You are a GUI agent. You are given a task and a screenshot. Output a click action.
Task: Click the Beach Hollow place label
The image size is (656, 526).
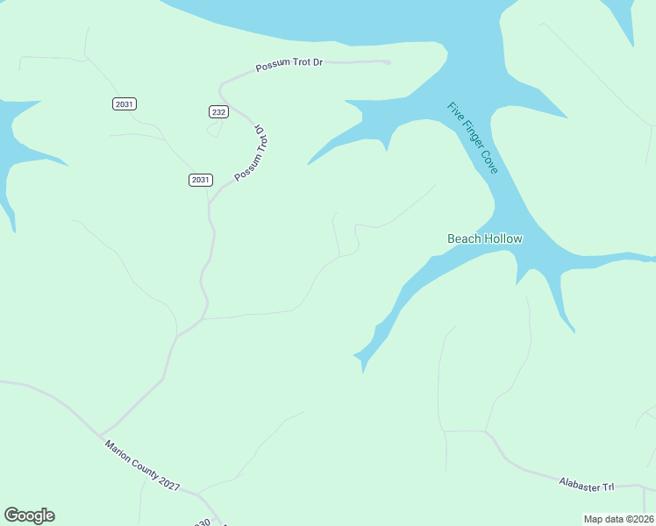(x=485, y=238)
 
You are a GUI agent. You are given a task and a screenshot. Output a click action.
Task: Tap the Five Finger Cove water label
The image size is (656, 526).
(x=473, y=138)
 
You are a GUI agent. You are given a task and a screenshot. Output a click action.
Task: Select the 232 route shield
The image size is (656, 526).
(x=218, y=111)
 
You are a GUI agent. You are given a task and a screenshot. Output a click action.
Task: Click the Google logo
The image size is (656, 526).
(x=29, y=515)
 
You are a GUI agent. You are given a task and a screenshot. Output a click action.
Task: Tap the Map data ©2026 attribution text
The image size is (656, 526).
(x=617, y=519)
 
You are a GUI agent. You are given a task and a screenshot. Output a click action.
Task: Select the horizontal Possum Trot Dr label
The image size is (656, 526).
(x=290, y=67)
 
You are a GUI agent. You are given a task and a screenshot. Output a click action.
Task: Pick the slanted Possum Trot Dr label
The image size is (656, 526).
(x=251, y=153)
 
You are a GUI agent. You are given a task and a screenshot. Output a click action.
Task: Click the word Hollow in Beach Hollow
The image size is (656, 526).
(x=503, y=238)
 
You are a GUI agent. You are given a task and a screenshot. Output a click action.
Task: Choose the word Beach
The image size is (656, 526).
(x=464, y=238)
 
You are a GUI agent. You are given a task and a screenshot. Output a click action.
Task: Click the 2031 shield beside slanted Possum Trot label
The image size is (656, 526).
(x=200, y=180)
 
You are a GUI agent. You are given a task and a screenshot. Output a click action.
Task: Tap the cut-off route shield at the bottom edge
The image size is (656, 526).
(x=203, y=522)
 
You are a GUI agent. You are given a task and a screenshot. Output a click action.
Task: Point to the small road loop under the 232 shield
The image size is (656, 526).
(x=213, y=130)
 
